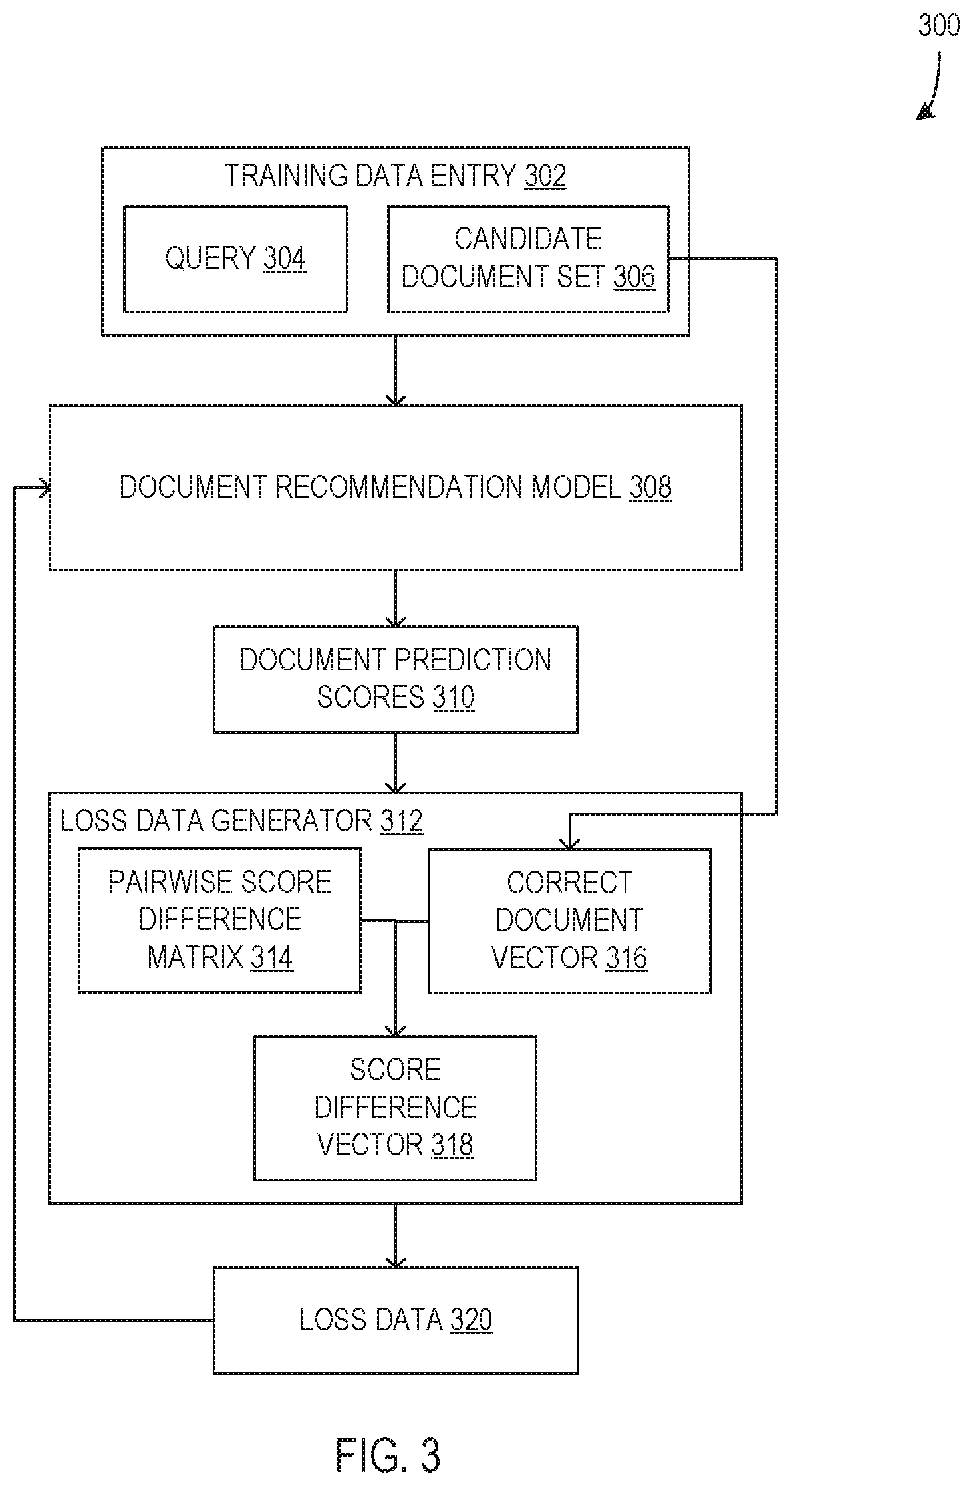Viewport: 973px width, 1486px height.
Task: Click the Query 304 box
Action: [235, 259]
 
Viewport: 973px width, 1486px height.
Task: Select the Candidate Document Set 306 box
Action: [528, 259]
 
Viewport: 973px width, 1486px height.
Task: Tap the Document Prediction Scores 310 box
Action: [395, 679]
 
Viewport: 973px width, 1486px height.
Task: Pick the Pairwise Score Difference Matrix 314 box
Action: [219, 921]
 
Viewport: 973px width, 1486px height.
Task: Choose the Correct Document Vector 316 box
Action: [569, 921]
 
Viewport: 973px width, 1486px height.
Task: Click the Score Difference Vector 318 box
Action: [395, 1108]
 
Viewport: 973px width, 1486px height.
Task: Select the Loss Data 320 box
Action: [396, 1320]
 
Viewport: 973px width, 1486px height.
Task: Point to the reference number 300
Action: [939, 25]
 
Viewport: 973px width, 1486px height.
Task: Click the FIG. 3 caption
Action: [388, 1455]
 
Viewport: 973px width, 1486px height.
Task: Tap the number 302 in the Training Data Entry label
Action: [545, 176]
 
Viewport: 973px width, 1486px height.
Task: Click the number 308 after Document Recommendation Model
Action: [650, 487]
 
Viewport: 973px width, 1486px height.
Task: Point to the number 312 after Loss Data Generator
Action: [401, 821]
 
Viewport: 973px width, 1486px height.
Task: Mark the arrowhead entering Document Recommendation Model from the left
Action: [44, 488]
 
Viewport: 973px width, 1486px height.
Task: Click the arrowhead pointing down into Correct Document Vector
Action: [569, 843]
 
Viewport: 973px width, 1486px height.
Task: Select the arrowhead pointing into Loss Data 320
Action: [396, 1261]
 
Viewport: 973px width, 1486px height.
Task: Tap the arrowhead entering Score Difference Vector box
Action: [396, 1030]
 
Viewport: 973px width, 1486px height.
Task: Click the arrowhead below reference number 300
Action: [924, 112]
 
